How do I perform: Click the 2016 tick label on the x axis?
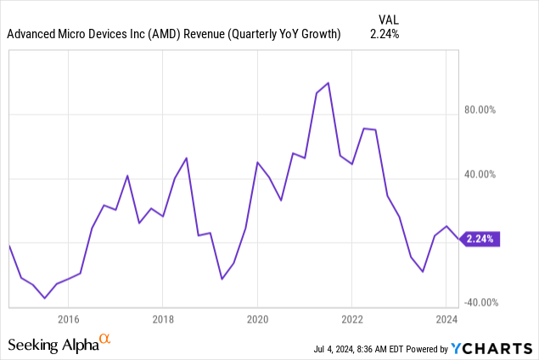point(68,319)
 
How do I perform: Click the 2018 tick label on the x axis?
point(163,319)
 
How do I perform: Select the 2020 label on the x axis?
point(257,319)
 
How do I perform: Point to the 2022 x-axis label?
point(352,319)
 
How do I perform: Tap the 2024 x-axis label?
point(446,319)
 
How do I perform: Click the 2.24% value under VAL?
point(385,35)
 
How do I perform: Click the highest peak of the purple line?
point(328,83)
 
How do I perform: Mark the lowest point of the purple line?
point(44,298)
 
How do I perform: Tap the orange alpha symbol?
point(105,340)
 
